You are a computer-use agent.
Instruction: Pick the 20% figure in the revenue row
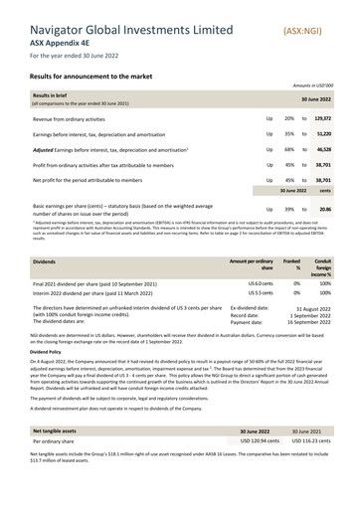coord(288,117)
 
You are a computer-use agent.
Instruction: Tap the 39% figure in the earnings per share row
coord(288,210)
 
